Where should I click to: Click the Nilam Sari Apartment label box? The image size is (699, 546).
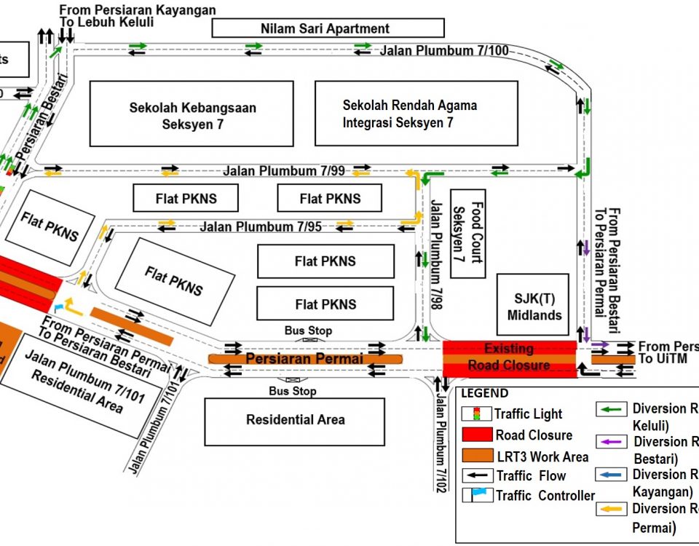coord(327,28)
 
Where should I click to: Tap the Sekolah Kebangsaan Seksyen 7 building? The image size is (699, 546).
coord(191,114)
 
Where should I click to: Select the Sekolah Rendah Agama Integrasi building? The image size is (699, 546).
coord(416,114)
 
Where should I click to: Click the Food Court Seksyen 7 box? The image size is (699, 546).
coord(467,233)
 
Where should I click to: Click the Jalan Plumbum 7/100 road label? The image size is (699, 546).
coord(443,50)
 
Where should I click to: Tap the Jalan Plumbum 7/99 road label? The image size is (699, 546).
coord(284,170)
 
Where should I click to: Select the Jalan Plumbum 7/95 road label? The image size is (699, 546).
coord(261,226)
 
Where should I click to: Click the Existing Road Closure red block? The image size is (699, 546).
coord(509,357)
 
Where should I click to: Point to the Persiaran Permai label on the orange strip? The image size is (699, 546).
coord(304,359)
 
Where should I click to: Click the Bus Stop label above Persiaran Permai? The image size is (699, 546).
coord(308,331)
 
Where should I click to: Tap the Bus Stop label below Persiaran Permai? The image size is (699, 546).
coord(292,392)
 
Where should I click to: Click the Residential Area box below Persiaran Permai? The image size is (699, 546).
coord(295,420)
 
